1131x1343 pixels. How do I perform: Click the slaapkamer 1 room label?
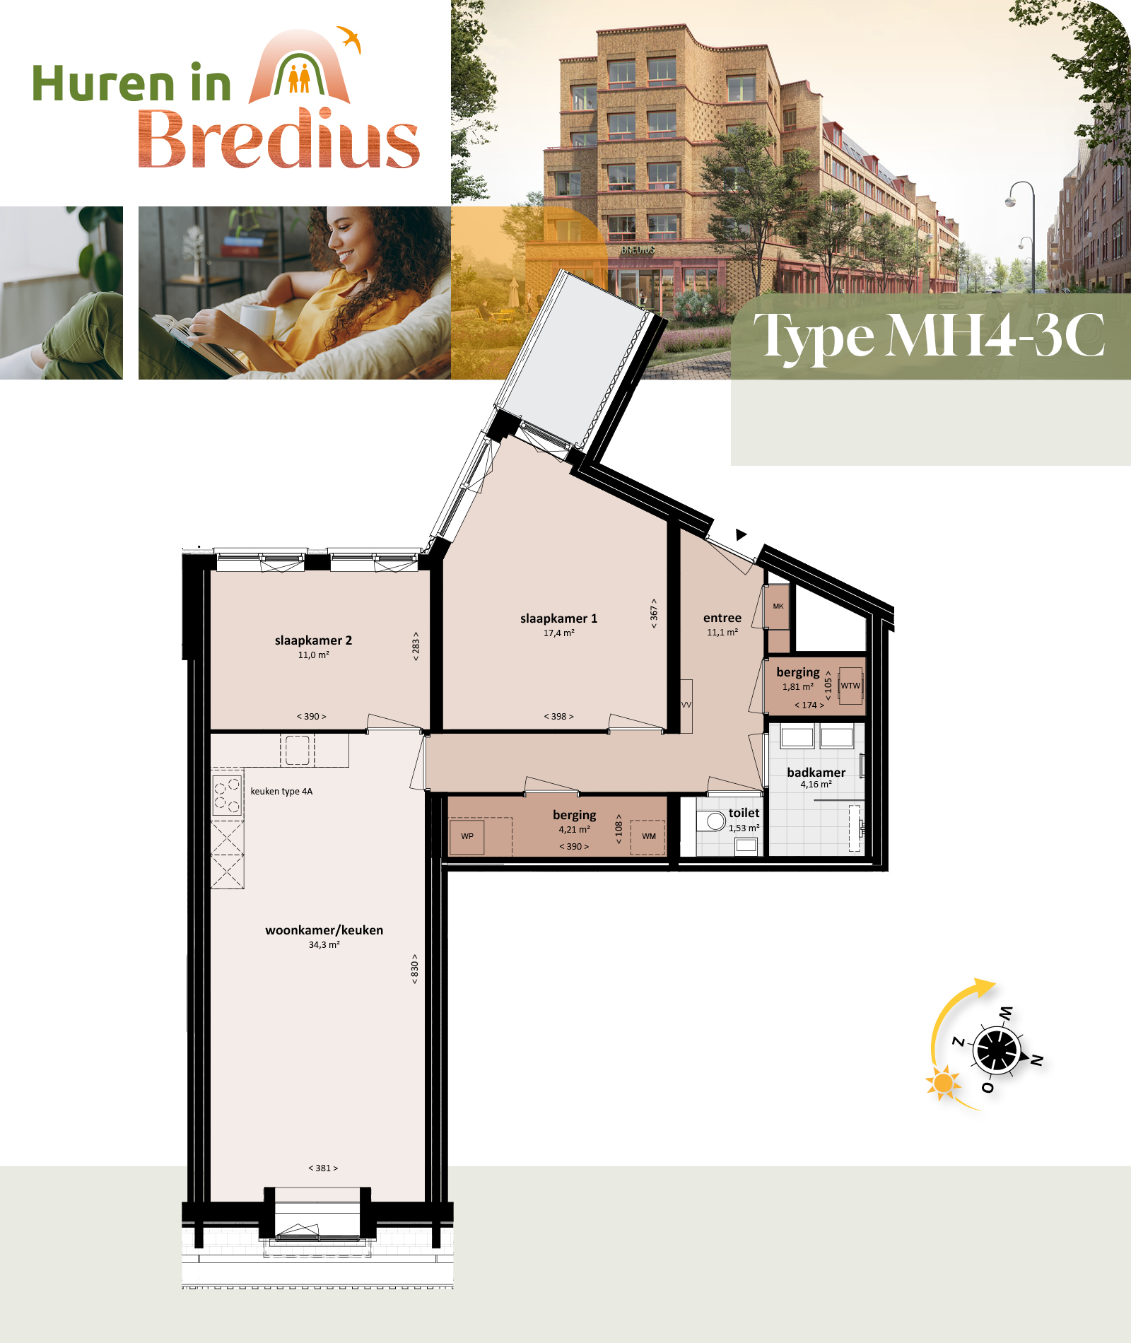coord(558,618)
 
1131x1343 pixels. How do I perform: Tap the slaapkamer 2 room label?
coord(313,640)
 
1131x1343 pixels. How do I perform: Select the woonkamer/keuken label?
coord(324,930)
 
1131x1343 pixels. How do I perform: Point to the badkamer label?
coord(816,773)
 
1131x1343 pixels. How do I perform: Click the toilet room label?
coord(744,813)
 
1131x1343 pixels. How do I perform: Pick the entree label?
coord(722,618)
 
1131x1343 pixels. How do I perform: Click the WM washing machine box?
coord(648,837)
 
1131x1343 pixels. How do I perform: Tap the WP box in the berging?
coord(467,837)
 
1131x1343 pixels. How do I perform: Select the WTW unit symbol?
coord(850,686)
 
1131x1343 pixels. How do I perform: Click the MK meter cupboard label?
coord(778,606)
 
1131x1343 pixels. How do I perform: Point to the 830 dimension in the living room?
coord(415,968)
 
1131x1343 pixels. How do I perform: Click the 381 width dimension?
coord(323,1168)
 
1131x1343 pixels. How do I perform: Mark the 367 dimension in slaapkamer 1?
coord(654,613)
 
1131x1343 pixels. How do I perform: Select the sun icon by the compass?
coord(943,1083)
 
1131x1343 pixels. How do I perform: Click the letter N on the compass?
coord(1036,1060)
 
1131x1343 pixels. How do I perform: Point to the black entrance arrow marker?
coord(740,534)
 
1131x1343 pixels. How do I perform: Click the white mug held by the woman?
coord(257,322)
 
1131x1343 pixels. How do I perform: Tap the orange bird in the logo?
coord(350,38)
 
